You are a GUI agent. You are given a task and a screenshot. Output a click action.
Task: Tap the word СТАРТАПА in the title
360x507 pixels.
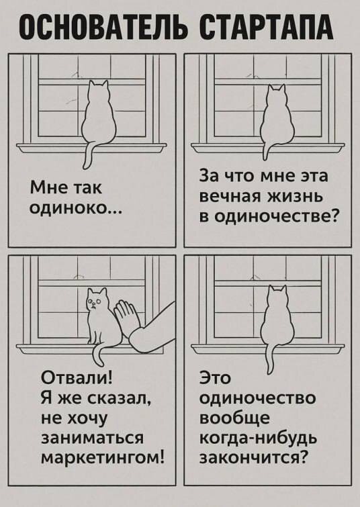coord(266,28)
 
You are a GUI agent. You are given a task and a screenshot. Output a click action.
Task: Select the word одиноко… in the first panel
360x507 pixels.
coord(76,208)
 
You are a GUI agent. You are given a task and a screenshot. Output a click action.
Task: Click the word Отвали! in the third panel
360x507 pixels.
coord(77,377)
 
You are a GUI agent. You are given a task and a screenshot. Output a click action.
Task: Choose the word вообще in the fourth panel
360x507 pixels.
coord(234,418)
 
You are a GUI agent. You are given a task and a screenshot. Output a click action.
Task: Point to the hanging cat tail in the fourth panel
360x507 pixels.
coord(269,359)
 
